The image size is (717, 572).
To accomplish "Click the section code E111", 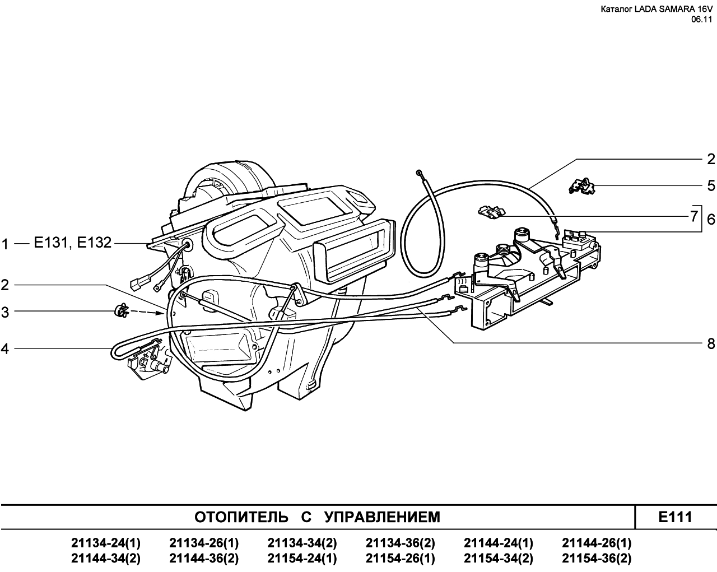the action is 675,517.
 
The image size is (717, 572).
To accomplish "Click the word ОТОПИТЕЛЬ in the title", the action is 241,517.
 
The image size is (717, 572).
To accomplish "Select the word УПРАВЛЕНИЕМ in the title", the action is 383,517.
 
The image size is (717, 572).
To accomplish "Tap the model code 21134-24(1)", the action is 106,543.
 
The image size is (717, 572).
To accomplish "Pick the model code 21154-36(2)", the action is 597,559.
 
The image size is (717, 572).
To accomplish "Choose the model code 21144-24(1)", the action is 499,543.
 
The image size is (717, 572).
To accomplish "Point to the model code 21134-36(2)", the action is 401,543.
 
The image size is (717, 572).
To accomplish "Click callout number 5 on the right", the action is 711,185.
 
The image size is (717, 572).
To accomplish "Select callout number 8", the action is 711,343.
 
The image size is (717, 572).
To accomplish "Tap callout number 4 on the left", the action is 4,349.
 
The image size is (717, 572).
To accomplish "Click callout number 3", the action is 4,313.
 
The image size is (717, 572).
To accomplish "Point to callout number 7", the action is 693,216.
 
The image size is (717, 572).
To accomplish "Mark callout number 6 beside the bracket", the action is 711,220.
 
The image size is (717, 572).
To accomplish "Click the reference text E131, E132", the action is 73,243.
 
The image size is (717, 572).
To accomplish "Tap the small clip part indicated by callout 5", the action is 581,186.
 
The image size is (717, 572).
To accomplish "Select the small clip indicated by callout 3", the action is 122,311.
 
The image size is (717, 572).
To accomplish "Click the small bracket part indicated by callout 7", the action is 491,212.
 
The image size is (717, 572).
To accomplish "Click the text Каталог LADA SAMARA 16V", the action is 656,10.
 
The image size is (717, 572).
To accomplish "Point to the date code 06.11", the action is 701,20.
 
